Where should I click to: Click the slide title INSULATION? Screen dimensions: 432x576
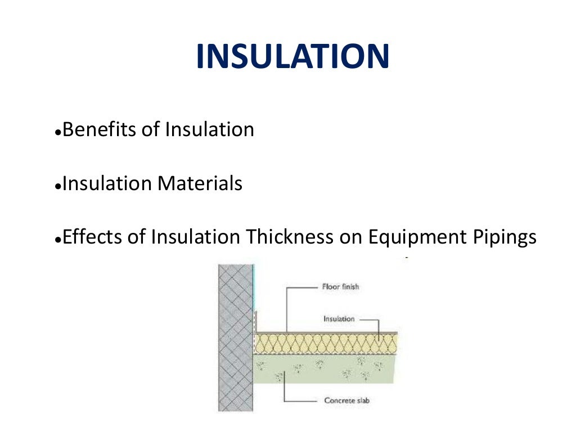coord(292,57)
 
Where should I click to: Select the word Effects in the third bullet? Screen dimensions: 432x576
coord(90,237)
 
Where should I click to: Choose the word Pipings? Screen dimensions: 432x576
coord(505,237)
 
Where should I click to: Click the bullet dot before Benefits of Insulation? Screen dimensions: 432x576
coord(58,133)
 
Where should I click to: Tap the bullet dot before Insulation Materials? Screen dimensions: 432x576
coord(58,186)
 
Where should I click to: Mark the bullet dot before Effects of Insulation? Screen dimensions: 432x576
coord(58,240)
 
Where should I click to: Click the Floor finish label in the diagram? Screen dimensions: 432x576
coord(340,287)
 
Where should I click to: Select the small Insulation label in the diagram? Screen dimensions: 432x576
coord(339,319)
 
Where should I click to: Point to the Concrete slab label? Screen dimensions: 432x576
coord(346,401)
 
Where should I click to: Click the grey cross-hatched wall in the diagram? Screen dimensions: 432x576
coord(235,337)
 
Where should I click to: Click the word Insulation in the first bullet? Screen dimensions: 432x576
coord(210,130)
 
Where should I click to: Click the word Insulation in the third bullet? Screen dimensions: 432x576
coord(195,237)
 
